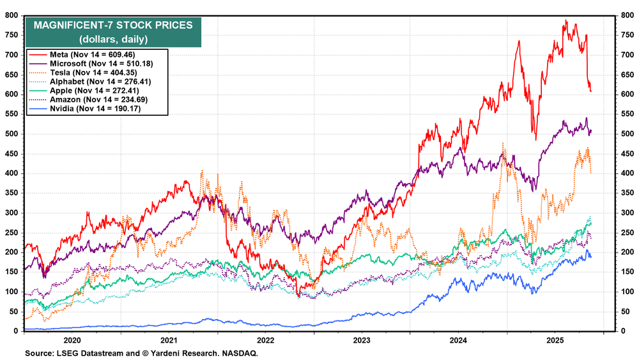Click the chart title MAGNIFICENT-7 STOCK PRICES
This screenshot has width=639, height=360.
[112, 26]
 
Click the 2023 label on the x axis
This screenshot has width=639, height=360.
[361, 341]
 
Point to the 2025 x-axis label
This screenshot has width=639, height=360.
[555, 341]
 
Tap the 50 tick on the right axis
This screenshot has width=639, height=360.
[627, 311]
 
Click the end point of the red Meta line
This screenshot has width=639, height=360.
[591, 91]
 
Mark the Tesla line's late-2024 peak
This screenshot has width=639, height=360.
[503, 144]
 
